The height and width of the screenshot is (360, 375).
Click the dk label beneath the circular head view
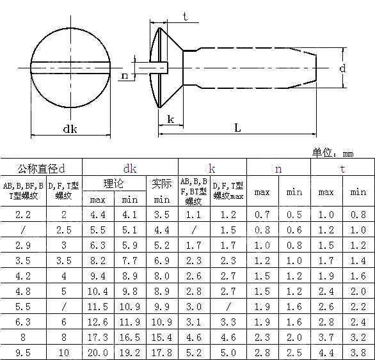pyautogui.click(x=70, y=129)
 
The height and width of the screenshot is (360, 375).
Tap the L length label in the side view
pyautogui.click(x=237, y=128)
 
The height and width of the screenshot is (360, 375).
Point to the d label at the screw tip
pyautogui.click(x=343, y=68)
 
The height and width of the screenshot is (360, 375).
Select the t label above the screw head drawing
pyautogui.click(x=185, y=17)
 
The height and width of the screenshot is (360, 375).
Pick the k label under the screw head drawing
pyautogui.click(x=170, y=119)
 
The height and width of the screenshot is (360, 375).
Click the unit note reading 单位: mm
pyautogui.click(x=332, y=153)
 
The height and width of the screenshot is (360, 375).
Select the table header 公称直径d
pyautogui.click(x=41, y=169)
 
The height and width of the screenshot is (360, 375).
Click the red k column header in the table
pyautogui.click(x=212, y=169)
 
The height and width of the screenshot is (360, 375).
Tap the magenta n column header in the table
pyautogui.click(x=278, y=169)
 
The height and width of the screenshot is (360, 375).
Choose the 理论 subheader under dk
pyautogui.click(x=114, y=184)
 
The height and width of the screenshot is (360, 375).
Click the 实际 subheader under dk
pyautogui.click(x=162, y=184)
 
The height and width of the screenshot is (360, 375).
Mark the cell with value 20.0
pyautogui.click(x=98, y=352)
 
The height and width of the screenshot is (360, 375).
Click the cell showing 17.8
pyautogui.click(x=162, y=352)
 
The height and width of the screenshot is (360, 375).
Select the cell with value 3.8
pyautogui.click(x=358, y=352)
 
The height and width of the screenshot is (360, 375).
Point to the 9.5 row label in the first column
pyautogui.click(x=23, y=352)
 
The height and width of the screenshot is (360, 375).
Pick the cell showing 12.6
pyautogui.click(x=98, y=322)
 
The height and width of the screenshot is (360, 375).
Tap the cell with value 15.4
pyautogui.click(x=162, y=337)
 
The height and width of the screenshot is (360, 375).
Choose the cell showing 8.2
pyautogui.click(x=98, y=260)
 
